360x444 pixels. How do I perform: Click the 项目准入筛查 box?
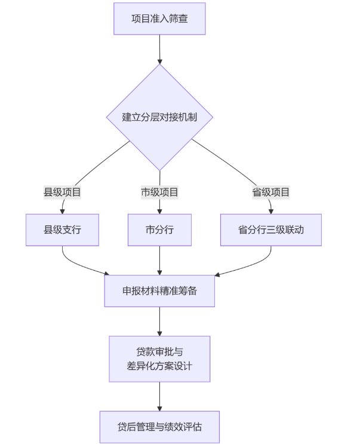159,19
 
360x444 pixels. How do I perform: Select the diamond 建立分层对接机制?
159,117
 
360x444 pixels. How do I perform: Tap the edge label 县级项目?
62,192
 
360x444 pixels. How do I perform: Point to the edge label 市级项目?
159,192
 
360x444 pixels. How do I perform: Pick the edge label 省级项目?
270,192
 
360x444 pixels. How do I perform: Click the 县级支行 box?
62,229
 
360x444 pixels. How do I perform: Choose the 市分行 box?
159,229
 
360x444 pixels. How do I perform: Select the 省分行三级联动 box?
270,229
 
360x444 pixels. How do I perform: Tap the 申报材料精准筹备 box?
159,291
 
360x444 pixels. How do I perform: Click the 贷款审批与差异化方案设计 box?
159,359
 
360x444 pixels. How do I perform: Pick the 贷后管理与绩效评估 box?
159,427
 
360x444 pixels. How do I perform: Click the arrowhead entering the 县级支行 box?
62,210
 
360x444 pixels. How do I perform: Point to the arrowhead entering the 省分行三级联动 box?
270,210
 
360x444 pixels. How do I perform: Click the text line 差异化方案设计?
159,366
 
